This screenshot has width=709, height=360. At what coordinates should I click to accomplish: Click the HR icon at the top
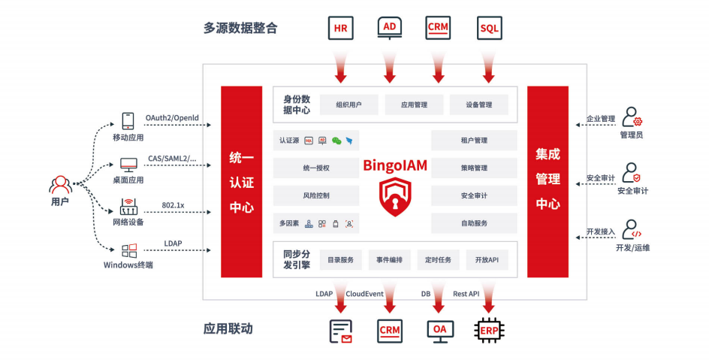[x=341, y=28]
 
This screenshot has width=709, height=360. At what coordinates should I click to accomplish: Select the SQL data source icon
[x=489, y=29]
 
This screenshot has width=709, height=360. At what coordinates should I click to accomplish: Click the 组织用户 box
[x=348, y=105]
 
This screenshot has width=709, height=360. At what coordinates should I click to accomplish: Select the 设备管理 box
[x=478, y=105]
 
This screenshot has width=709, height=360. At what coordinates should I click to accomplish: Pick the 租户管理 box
[x=474, y=141]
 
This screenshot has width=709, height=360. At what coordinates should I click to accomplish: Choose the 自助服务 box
[x=474, y=223]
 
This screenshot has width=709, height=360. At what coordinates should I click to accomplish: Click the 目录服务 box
[x=341, y=260]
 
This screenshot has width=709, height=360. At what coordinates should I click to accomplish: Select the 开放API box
[x=487, y=260]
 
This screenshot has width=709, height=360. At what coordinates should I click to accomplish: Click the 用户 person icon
[x=60, y=184]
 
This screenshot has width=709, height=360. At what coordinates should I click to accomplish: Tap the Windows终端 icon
[x=129, y=250]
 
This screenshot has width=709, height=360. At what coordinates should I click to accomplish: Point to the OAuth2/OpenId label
[x=172, y=118]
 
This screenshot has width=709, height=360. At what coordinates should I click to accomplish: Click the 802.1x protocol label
[x=173, y=205]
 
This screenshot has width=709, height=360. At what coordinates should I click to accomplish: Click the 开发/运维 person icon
[x=632, y=229]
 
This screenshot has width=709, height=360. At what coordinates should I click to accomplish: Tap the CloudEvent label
[x=365, y=294]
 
